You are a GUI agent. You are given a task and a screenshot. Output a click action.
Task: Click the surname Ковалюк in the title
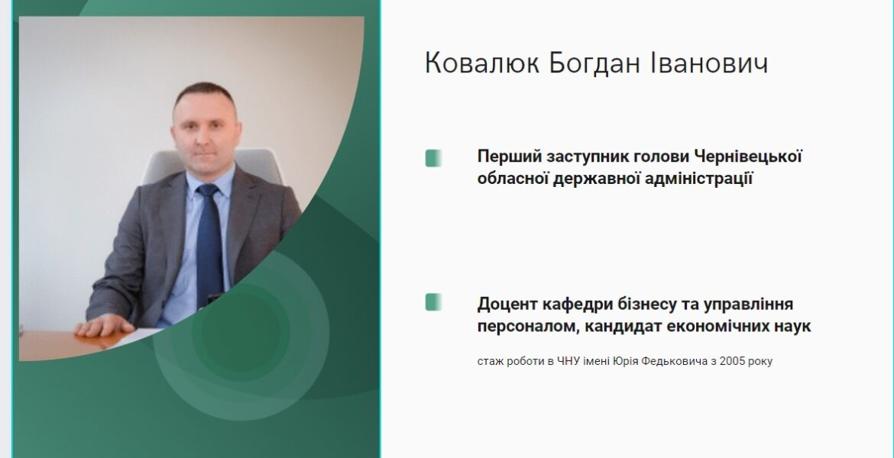[x=482, y=63]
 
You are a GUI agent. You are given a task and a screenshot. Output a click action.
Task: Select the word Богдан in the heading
[x=594, y=63]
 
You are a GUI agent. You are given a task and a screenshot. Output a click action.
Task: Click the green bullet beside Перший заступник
[x=434, y=158]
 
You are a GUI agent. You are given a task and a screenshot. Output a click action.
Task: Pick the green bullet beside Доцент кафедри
[x=434, y=302]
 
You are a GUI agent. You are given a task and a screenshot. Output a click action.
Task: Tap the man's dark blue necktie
[x=209, y=245]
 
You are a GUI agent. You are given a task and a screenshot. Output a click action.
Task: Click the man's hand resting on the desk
[x=105, y=325]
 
